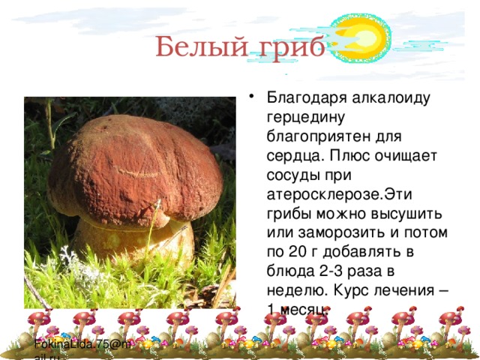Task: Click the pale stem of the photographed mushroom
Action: [x=131, y=244]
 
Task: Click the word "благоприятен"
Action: [x=319, y=136]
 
